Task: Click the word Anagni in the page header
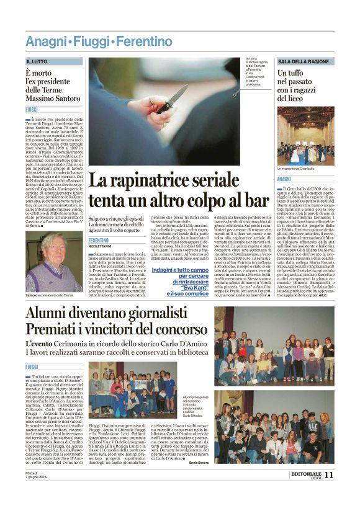pos(46,42)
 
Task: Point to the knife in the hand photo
pos(172,99)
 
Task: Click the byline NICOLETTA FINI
pos(103,246)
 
